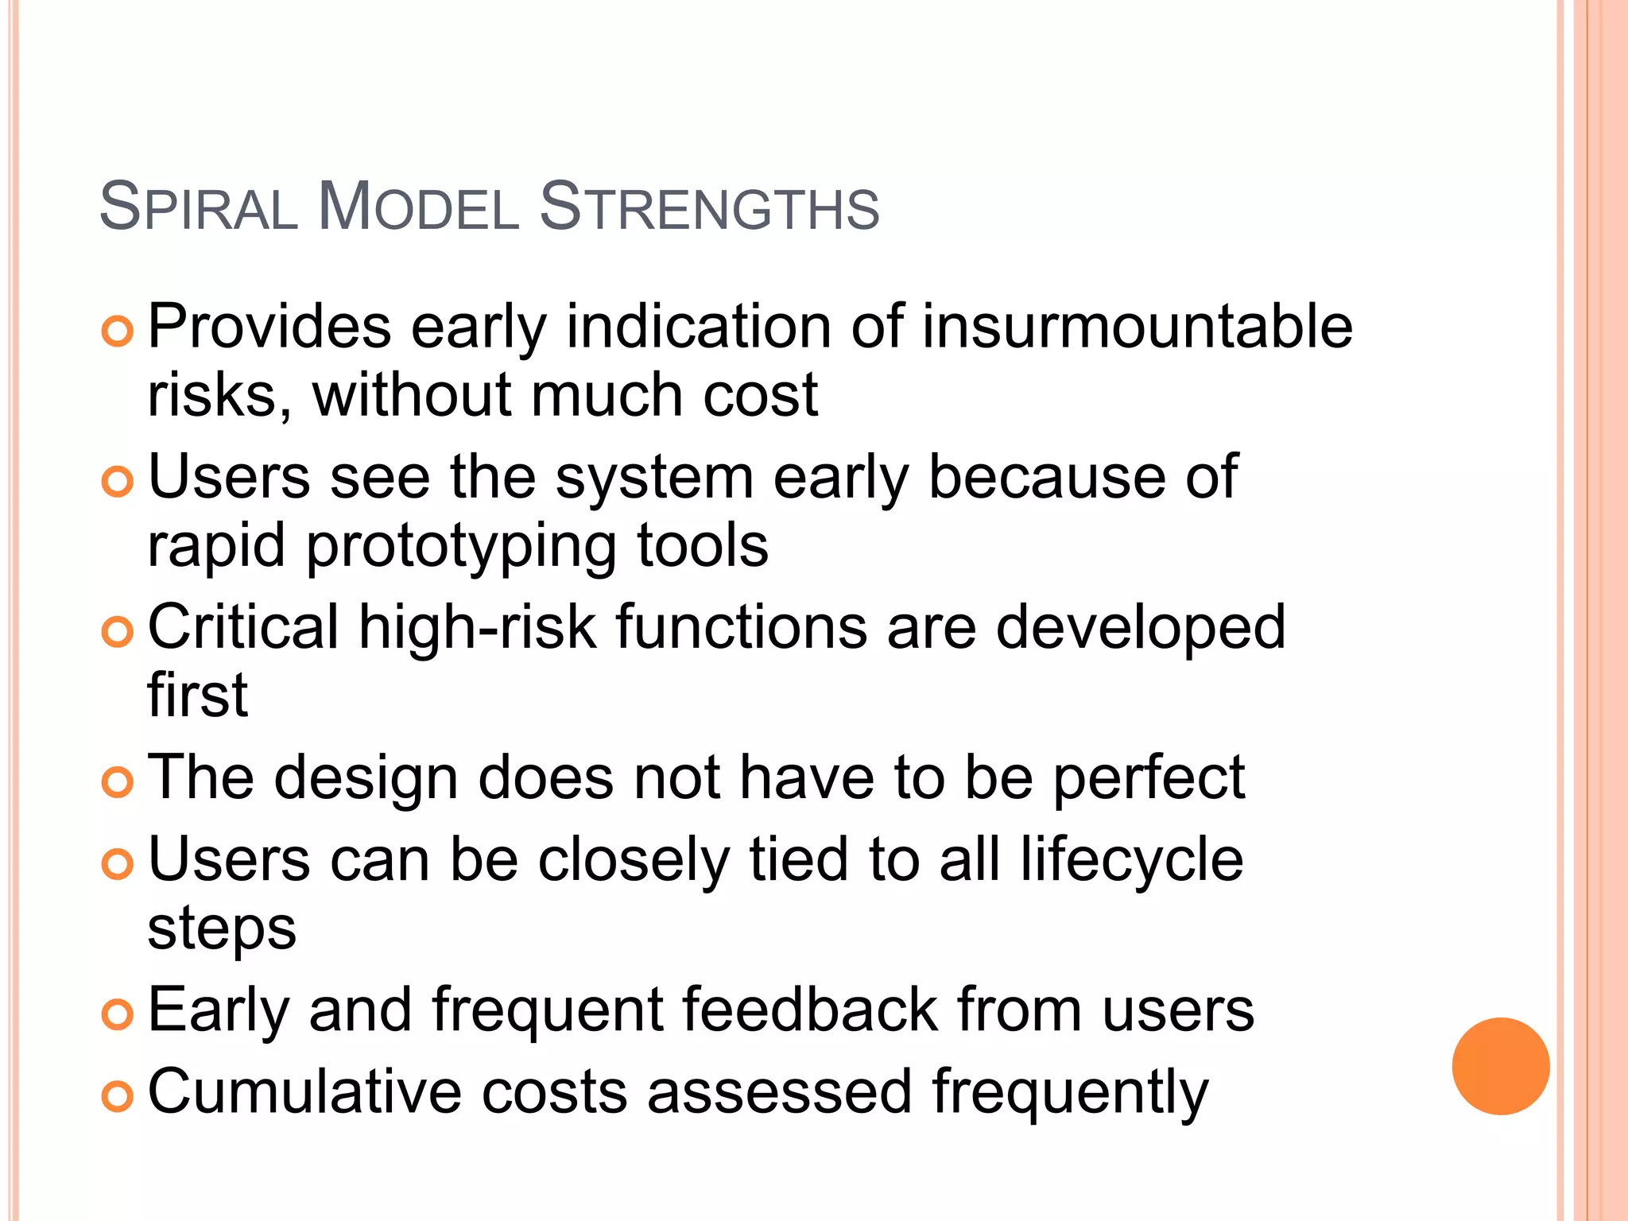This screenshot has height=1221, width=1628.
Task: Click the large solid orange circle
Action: click(x=1500, y=1066)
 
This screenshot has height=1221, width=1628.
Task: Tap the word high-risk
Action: click(x=477, y=627)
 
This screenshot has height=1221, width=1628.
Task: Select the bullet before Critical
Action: click(x=118, y=632)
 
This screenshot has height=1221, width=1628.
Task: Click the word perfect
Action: click(x=1149, y=779)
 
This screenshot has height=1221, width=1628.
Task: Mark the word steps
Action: click(x=222, y=930)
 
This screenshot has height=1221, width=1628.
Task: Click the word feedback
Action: click(x=808, y=1010)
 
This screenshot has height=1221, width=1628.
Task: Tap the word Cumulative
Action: click(x=304, y=1092)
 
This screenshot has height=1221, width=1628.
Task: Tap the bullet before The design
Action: click(x=118, y=782)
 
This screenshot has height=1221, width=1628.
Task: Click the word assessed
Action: click(x=779, y=1092)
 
